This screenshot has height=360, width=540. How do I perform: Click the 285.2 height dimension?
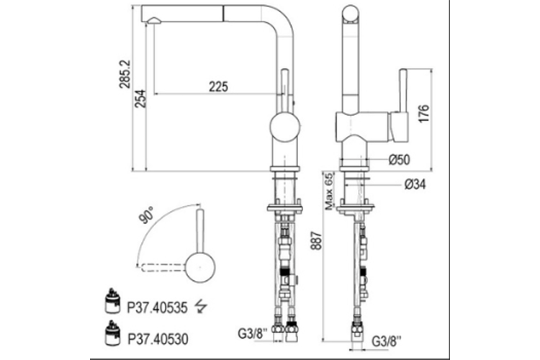125,74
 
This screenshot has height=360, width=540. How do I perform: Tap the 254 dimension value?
140,99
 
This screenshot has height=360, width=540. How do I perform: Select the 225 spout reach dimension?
218,86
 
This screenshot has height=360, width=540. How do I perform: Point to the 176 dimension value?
423,113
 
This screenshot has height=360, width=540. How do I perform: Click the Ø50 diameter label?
400,160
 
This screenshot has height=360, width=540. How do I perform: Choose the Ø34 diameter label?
415,184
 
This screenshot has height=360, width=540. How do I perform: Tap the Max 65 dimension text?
329,192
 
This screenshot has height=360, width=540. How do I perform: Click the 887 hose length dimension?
316,240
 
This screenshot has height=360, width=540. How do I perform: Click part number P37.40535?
158,307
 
